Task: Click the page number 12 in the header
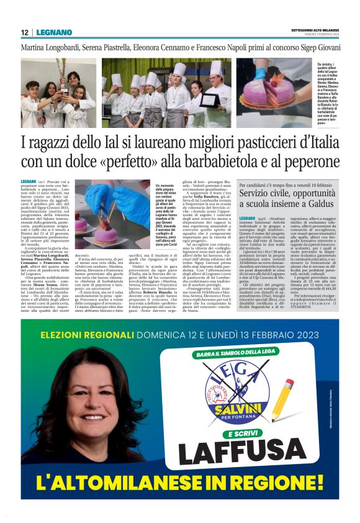24,32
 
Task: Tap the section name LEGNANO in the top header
53,32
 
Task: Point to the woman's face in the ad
79,409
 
